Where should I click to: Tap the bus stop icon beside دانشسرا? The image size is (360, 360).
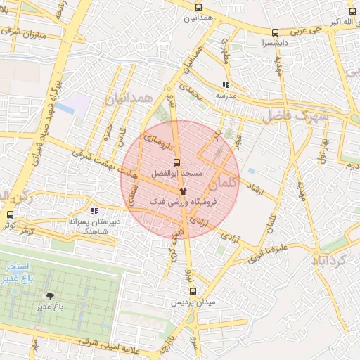[x=275, y=32]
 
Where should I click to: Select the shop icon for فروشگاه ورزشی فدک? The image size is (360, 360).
[x=183, y=191]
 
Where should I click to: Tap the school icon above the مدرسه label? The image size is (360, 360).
[x=225, y=84]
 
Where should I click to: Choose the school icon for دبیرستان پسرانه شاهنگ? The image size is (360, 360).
[x=94, y=211]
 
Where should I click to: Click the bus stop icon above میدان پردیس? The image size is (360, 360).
[x=193, y=291]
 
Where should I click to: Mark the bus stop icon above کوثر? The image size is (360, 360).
[x=10, y=214]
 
